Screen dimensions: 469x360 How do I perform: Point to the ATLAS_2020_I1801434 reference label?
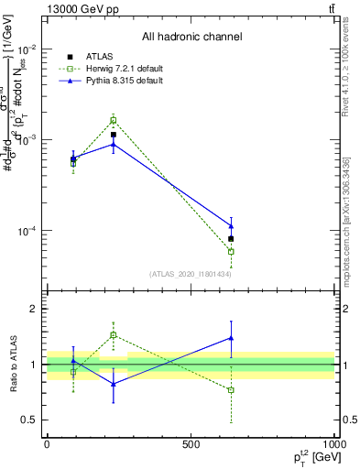click(191, 274)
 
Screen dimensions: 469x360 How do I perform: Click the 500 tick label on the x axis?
click(190, 443)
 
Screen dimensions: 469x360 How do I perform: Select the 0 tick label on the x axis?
click(46, 443)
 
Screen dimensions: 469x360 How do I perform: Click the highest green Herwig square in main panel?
click(114, 120)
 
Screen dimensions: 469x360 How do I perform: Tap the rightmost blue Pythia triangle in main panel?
click(231, 225)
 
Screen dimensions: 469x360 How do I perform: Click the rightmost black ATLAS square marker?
click(231, 239)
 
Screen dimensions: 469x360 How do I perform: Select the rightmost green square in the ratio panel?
click(231, 390)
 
